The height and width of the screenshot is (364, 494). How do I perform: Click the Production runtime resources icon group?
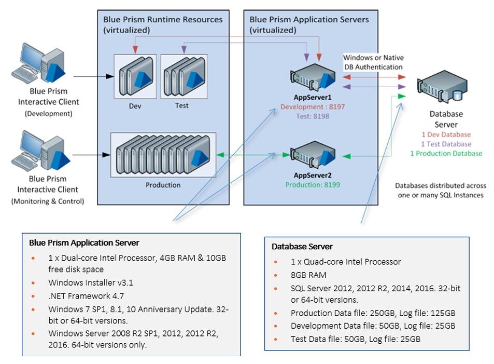(x=163, y=154)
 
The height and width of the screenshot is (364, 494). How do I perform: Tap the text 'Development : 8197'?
(x=313, y=107)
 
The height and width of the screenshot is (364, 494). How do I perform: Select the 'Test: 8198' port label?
(x=313, y=116)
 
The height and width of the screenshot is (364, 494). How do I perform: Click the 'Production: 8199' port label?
(x=313, y=184)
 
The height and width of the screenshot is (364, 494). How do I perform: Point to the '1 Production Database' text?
(x=446, y=153)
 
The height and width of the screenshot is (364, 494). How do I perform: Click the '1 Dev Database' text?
(x=446, y=134)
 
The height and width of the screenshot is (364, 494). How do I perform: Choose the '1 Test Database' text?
(x=446, y=144)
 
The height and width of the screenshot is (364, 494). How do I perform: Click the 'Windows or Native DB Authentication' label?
(x=373, y=62)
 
